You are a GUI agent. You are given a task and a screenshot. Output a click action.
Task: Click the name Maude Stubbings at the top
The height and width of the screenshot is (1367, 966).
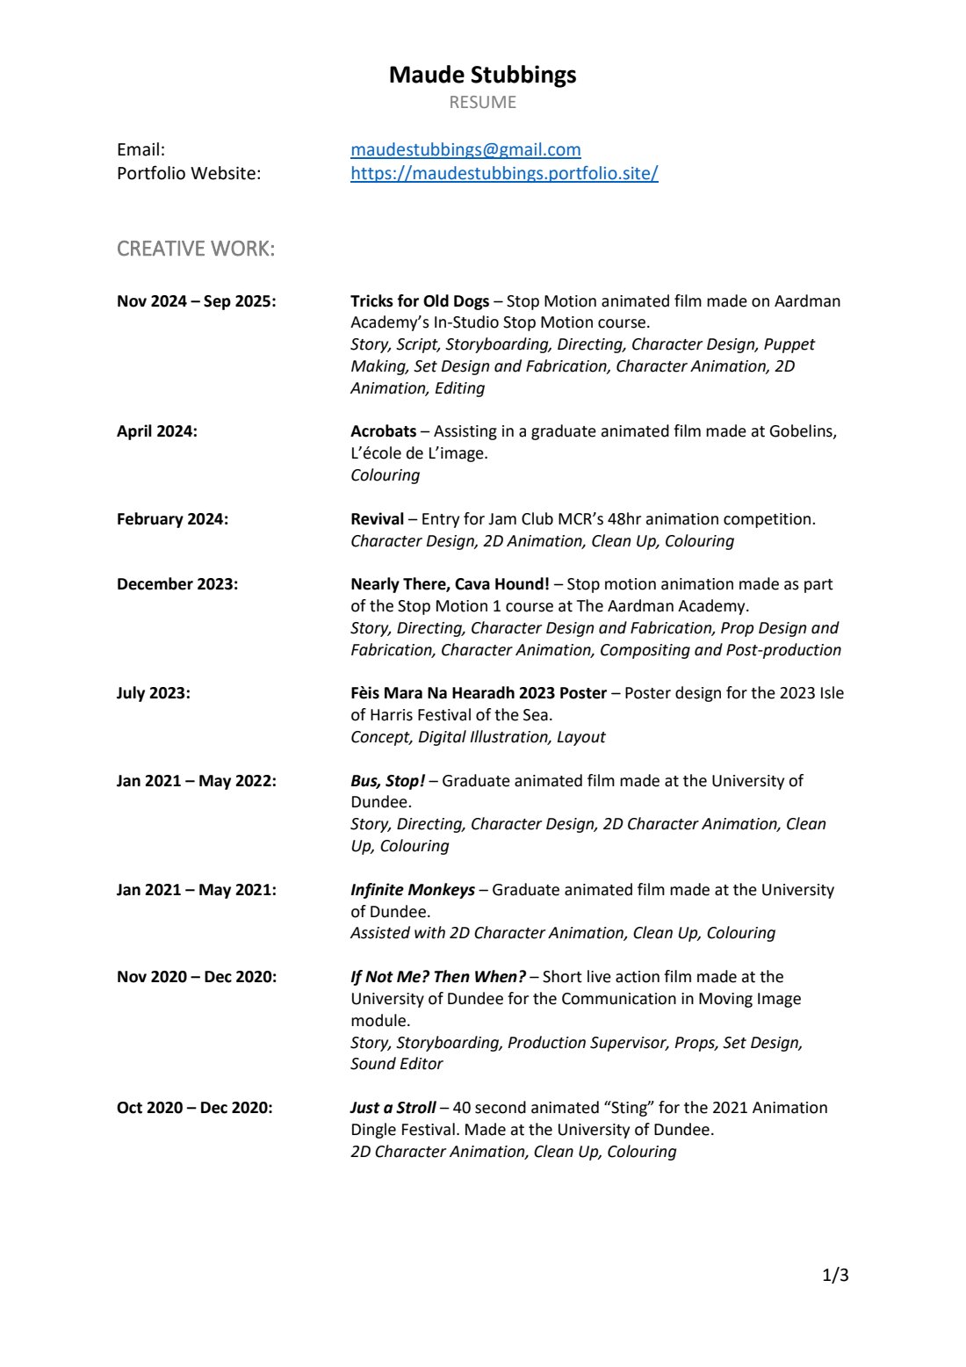coord(482,75)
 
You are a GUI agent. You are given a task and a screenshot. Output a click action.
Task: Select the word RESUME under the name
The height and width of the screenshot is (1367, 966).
coord(482,102)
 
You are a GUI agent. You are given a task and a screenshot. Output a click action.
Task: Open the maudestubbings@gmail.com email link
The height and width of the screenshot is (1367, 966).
coord(465,149)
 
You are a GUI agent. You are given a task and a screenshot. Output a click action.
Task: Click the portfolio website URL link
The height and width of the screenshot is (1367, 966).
coord(504,173)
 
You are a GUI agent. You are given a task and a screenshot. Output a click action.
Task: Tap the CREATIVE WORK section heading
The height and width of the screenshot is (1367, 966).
coord(196,249)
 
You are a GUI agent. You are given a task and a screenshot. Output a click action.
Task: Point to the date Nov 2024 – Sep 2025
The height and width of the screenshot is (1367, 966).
coord(196,301)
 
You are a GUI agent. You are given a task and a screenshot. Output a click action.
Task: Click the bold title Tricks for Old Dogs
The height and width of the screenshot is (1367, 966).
coord(420,301)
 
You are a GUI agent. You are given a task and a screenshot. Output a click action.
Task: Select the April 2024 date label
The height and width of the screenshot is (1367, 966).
coord(157,431)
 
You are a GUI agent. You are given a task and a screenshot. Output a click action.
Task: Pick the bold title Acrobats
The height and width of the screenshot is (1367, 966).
coord(383,431)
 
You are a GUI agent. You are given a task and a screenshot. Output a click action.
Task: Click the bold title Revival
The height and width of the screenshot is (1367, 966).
coord(377,519)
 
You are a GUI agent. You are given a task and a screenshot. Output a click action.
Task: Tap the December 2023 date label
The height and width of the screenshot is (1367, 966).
coord(177,584)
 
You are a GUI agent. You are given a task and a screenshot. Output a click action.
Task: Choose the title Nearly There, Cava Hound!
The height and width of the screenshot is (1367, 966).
coord(450,584)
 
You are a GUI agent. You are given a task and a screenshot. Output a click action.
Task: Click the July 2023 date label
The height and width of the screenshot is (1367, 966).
coord(154,693)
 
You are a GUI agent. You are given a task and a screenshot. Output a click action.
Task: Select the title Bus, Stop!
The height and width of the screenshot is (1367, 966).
coord(387,781)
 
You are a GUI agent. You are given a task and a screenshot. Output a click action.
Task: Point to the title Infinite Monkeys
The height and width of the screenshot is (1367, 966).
coord(413,890)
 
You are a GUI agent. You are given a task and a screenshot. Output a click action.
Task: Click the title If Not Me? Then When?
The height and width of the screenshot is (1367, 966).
coord(438,977)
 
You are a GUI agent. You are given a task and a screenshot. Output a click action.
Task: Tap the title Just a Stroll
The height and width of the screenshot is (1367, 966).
coord(393,1108)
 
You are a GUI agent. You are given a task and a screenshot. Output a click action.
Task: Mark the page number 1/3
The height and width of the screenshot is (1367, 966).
coord(835,1275)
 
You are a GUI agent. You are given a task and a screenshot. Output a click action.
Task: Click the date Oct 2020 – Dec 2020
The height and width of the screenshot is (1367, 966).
coord(194,1108)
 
